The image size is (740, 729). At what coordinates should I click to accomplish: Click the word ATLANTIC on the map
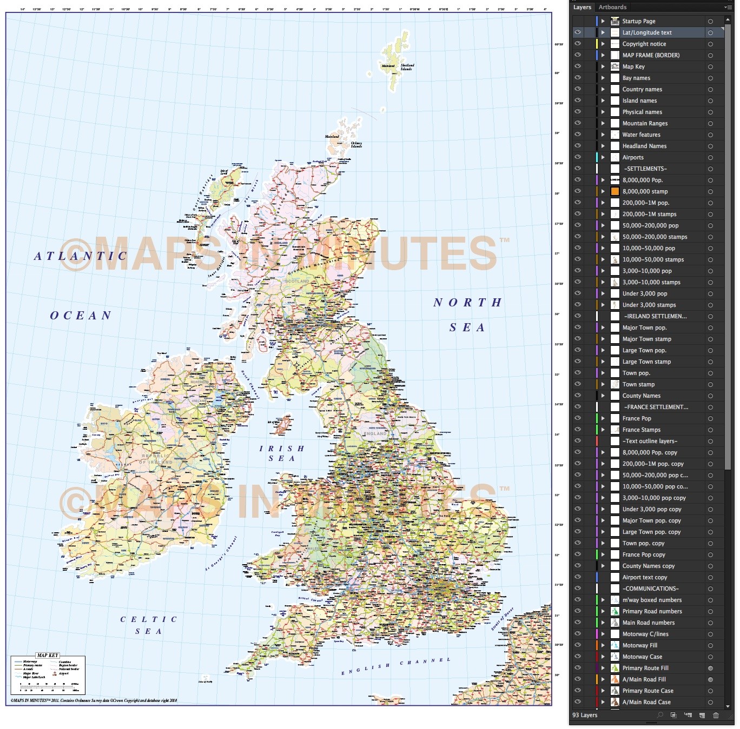[81, 256]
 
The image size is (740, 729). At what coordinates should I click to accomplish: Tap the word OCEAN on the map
[81, 316]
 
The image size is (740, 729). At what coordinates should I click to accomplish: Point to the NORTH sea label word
[467, 303]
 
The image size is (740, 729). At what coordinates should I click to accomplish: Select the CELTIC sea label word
[149, 619]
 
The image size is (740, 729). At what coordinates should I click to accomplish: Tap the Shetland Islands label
[407, 67]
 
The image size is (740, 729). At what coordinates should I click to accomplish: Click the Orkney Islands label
[356, 145]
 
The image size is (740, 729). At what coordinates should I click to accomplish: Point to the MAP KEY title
[48, 656]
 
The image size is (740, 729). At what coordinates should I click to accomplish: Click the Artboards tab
[612, 7]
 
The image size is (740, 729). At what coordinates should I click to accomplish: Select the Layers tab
[582, 7]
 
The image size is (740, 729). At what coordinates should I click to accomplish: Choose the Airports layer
[633, 157]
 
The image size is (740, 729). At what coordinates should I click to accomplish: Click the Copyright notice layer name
[644, 44]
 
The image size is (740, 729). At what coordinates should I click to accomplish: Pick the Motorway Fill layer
[639, 645]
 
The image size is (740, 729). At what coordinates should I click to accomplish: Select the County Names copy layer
[648, 566]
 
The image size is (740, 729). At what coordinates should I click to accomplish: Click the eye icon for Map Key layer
[578, 66]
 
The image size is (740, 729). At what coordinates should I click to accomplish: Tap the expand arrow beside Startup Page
[603, 21]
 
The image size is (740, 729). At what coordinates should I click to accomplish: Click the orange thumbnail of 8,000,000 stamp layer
[615, 191]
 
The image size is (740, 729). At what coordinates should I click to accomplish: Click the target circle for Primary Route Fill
[710, 668]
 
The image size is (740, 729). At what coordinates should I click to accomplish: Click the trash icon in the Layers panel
[716, 715]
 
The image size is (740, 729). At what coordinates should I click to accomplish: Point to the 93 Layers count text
[585, 715]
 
